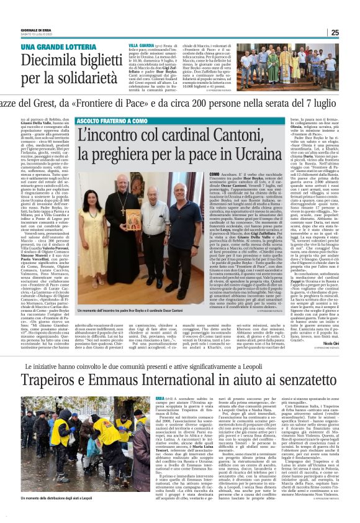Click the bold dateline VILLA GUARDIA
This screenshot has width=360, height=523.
tap(138, 46)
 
